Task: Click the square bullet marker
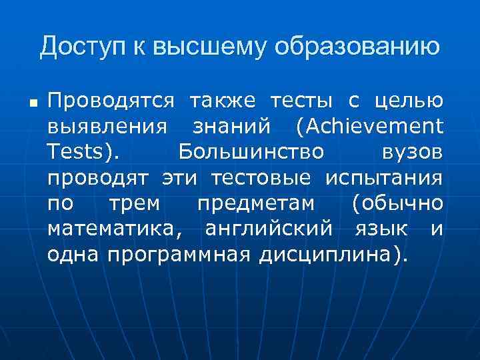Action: tap(32, 105)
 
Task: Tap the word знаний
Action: tap(230, 126)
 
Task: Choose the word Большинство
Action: tap(251, 151)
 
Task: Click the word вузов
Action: tap(412, 151)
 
